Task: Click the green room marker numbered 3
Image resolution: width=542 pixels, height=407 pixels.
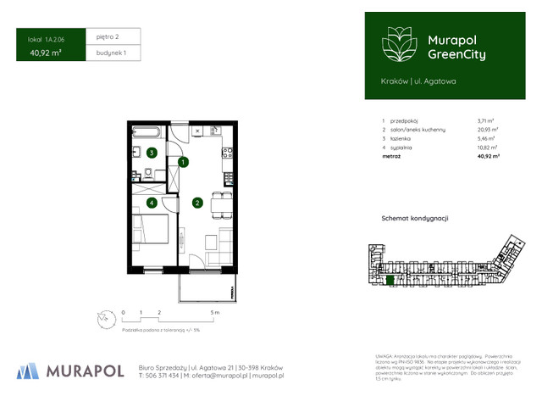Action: (x=151, y=153)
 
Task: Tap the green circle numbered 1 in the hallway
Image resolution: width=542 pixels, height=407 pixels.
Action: (x=182, y=161)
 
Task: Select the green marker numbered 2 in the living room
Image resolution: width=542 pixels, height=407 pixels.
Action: (x=196, y=203)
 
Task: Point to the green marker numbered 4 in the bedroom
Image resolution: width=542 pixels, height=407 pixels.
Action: (x=151, y=203)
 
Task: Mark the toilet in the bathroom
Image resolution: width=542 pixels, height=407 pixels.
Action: (x=149, y=174)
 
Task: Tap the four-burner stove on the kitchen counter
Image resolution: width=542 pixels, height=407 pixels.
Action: (x=227, y=153)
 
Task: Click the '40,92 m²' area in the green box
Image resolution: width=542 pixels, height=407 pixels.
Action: (x=45, y=53)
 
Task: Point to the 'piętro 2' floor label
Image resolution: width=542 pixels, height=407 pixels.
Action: (x=108, y=37)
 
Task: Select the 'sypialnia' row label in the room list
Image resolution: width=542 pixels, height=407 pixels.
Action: (x=403, y=148)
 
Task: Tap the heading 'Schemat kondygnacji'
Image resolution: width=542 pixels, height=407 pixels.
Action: (x=415, y=219)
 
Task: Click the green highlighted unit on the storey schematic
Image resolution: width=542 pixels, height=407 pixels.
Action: (x=390, y=280)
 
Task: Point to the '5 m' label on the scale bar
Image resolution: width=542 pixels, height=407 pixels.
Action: (x=216, y=313)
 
